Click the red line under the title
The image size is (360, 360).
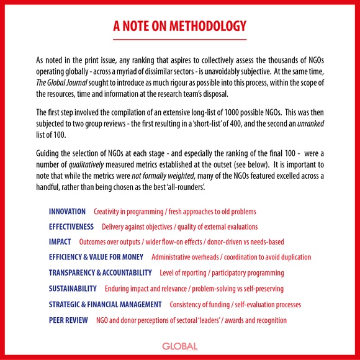180,39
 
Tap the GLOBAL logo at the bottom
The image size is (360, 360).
180,346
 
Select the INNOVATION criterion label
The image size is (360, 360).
67,212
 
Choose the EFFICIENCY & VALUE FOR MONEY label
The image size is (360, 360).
96,256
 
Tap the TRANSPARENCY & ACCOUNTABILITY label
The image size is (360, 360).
100,272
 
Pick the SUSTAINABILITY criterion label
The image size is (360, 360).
73,289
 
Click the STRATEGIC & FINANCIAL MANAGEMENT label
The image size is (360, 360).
105,304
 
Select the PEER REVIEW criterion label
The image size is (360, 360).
69,320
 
